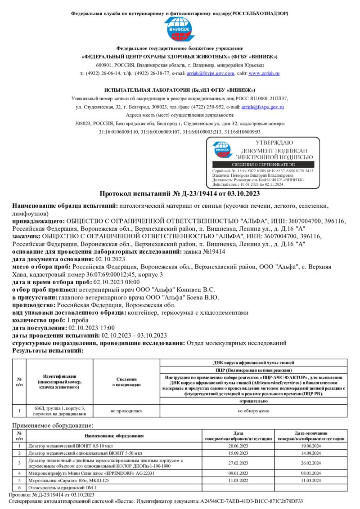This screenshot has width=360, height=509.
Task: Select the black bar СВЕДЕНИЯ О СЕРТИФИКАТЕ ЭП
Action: click(263, 165)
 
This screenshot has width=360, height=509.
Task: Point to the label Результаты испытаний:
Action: click(48, 350)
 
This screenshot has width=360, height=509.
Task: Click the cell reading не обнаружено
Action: click(253, 411)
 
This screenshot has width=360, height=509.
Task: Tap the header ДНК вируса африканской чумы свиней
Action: click(253, 362)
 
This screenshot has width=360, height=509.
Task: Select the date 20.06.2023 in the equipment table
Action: click(238, 446)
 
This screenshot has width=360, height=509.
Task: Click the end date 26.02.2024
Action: click(311, 463)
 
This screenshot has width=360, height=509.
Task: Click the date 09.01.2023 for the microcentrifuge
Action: click(238, 473)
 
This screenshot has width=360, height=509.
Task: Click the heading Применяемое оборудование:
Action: click(53, 425)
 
